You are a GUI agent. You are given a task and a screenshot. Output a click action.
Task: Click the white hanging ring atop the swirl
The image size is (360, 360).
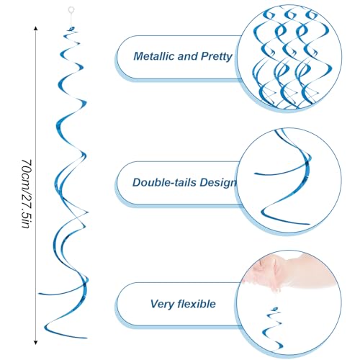click(71, 10)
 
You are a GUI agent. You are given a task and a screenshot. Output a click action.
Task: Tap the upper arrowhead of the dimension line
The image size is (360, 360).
click(36, 28)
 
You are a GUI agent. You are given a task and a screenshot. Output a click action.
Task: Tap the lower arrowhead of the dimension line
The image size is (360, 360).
click(36, 343)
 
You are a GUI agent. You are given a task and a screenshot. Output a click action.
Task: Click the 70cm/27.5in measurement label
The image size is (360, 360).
click(26, 194)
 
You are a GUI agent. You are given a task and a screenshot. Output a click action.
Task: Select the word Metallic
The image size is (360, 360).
click(154, 56)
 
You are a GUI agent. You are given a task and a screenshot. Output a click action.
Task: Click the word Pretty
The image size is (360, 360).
click(217, 57)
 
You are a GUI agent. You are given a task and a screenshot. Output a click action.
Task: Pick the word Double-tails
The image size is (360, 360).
click(165, 182)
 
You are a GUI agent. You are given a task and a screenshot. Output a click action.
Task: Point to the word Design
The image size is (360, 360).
click(218, 183)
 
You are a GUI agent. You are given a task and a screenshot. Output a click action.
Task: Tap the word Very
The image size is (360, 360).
click(162, 305)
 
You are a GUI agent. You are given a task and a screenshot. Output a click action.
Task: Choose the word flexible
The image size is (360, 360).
click(197, 304)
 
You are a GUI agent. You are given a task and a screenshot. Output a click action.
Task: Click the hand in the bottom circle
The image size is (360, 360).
click(288, 271)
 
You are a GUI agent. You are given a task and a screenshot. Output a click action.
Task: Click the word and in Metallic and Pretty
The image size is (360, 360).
click(188, 56)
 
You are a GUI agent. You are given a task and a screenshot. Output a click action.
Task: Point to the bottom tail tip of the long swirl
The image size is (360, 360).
click(86, 338)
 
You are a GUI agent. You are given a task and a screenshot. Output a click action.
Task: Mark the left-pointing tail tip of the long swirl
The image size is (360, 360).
click(40, 294)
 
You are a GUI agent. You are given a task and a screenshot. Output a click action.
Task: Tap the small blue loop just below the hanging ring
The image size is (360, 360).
click(71, 29)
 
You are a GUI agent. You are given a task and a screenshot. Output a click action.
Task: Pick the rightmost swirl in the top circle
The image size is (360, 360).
click(312, 58)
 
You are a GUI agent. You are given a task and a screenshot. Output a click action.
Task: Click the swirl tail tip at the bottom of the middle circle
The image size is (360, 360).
click(309, 224)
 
